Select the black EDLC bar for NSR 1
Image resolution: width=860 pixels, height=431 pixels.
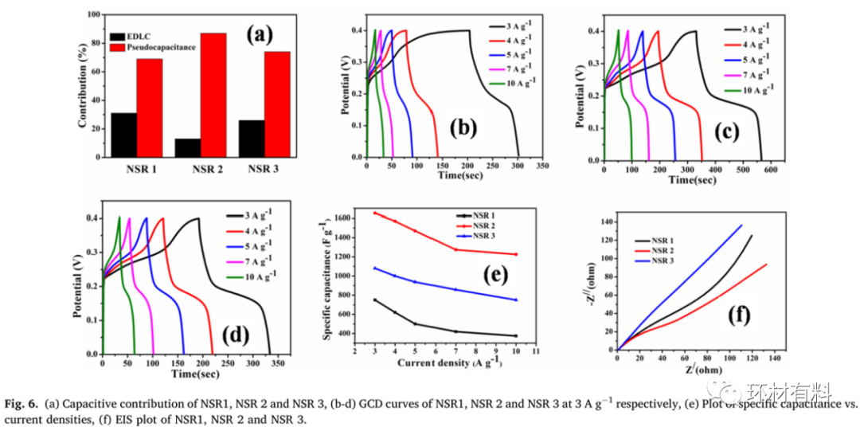click(123, 135)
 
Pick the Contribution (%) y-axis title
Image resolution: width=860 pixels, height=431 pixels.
click(82, 86)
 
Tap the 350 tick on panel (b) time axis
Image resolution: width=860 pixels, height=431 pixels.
click(541, 167)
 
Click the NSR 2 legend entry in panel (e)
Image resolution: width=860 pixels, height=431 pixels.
click(481, 225)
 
